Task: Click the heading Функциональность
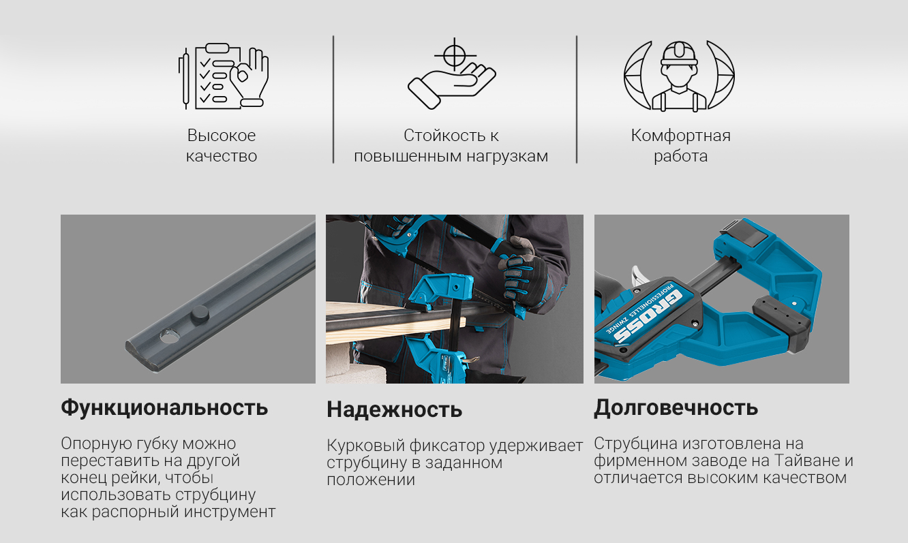[x=164, y=407]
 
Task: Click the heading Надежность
[x=395, y=409]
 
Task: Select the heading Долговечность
[x=676, y=407]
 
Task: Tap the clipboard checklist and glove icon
[x=224, y=76]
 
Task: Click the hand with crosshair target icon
[x=451, y=74]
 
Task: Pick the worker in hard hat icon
[x=679, y=76]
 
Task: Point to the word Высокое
[x=222, y=136]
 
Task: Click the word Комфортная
[x=680, y=136]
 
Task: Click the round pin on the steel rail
[x=200, y=315]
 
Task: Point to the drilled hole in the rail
[x=170, y=336]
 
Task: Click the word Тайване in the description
[x=801, y=461]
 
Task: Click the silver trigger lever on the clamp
[x=637, y=277]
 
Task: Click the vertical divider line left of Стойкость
[x=333, y=99]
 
